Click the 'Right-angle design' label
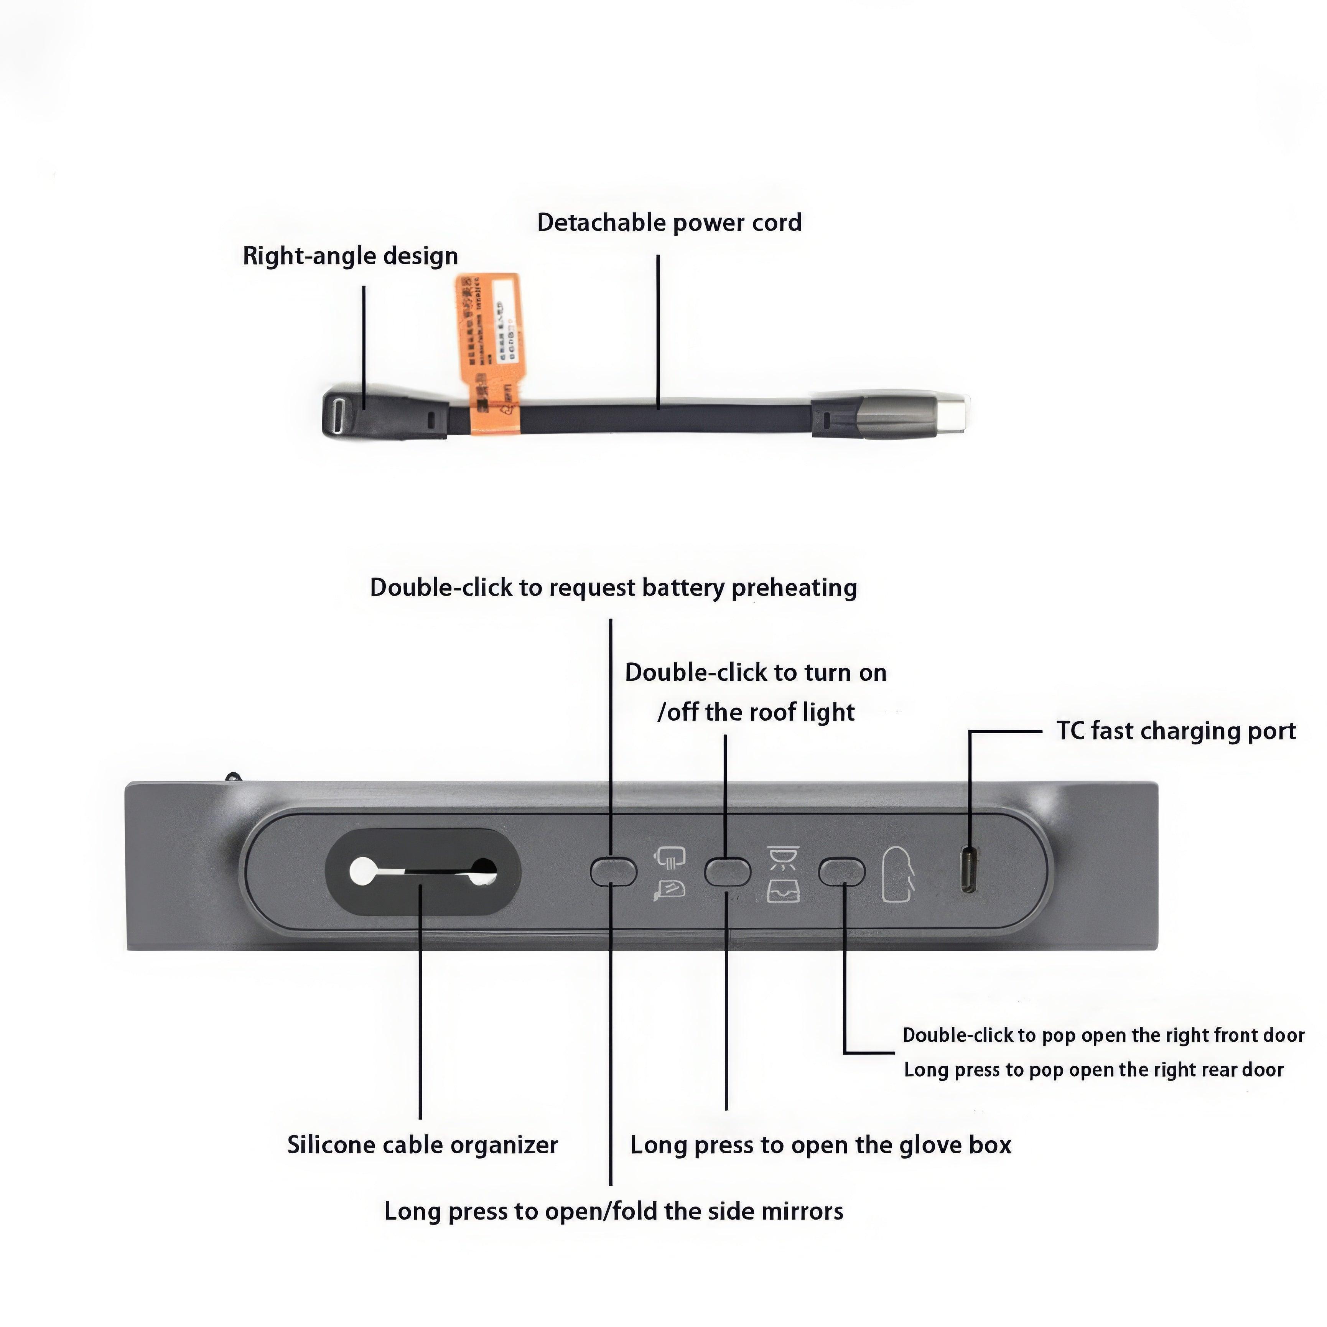350,256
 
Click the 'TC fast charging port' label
1176,731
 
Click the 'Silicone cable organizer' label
422,1145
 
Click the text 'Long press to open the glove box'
821,1145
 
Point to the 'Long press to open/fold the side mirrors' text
613,1211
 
